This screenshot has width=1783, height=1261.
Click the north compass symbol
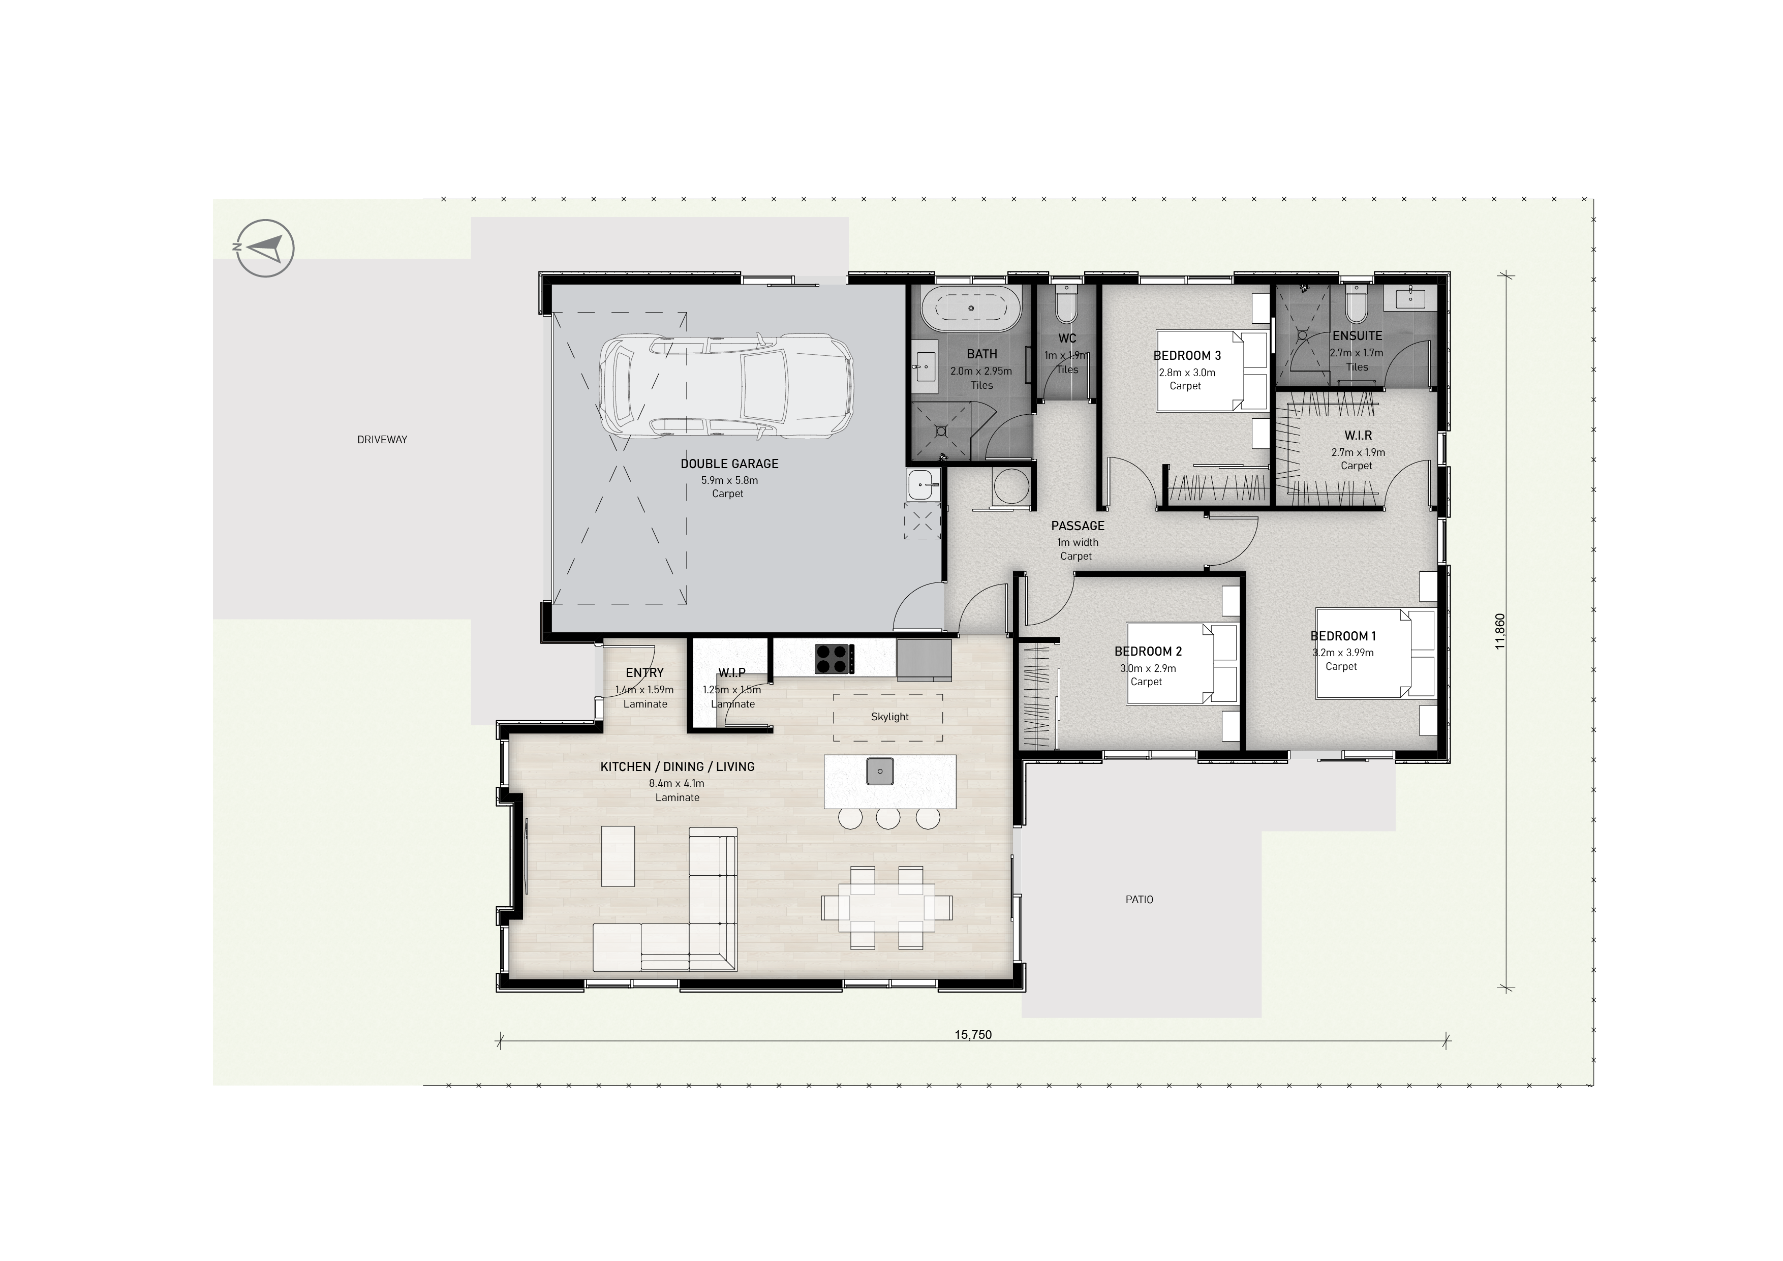[x=266, y=249]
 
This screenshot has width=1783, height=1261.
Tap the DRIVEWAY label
[x=382, y=440]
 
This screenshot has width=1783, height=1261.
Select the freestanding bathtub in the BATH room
[x=971, y=309]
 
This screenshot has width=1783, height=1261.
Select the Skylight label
[x=889, y=717]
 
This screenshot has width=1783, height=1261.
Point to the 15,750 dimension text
[x=973, y=1034]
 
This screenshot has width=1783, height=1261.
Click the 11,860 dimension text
[x=1499, y=631]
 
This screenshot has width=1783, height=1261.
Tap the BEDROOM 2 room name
[x=1148, y=652]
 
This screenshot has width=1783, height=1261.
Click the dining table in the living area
[x=887, y=907]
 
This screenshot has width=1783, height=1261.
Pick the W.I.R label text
[x=1358, y=436]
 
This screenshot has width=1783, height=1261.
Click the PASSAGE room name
[x=1077, y=526]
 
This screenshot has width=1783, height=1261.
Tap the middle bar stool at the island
[x=887, y=818]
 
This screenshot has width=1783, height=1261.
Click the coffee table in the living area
[x=618, y=856]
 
